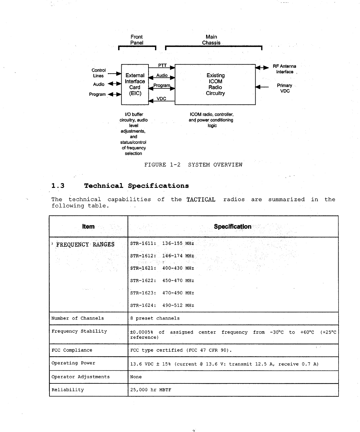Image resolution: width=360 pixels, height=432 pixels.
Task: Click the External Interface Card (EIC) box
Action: pyautogui.click(x=135, y=84)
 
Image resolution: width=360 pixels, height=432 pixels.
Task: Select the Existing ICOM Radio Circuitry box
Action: pyautogui.click(x=215, y=84)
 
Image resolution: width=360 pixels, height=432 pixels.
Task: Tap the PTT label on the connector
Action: pyautogui.click(x=162, y=65)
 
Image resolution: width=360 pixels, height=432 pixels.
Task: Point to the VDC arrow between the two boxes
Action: pyautogui.click(x=162, y=99)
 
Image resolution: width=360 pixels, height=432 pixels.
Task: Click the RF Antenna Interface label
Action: pyautogui.click(x=284, y=69)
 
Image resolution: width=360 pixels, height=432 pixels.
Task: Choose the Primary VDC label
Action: pyautogui.click(x=285, y=88)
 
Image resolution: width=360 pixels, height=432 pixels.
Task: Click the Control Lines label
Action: pyautogui.click(x=99, y=73)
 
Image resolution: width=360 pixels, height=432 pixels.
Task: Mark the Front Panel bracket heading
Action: pyautogui.click(x=137, y=40)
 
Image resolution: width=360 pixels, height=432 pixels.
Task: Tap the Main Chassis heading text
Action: pyautogui.click(x=211, y=40)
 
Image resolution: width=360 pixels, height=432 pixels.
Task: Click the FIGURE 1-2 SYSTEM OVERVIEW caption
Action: pyautogui.click(x=193, y=165)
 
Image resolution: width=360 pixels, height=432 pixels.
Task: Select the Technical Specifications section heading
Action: pyautogui.click(x=136, y=186)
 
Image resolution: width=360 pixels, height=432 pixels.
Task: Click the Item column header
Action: pyautogui.click(x=88, y=227)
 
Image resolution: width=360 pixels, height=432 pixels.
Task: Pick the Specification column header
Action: pyautogui.click(x=232, y=227)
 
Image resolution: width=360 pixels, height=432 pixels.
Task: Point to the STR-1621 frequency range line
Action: pyautogui.click(x=162, y=268)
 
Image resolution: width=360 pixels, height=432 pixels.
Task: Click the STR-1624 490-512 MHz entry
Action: pyautogui.click(x=162, y=305)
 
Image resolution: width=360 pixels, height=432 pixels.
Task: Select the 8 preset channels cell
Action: pyautogui.click(x=155, y=318)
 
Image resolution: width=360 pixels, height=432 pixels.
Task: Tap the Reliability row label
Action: pyautogui.click(x=68, y=390)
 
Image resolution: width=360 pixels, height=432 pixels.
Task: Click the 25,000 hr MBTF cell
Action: pyautogui.click(x=151, y=390)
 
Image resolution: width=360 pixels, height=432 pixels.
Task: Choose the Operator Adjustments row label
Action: pyautogui.click(x=81, y=377)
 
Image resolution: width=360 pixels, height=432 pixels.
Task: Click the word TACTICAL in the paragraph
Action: pyautogui.click(x=201, y=199)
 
